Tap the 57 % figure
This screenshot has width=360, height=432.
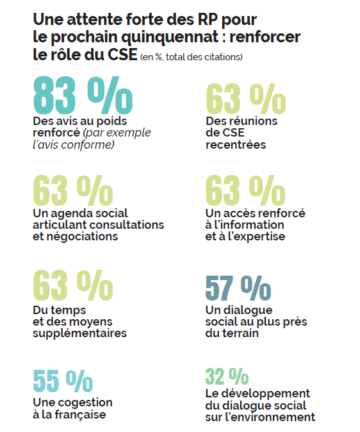pyautogui.click(x=238, y=288)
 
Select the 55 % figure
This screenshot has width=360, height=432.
pyautogui.click(x=63, y=381)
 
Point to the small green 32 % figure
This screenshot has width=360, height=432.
pyautogui.click(x=227, y=376)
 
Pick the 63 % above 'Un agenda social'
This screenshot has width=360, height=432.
pyautogui.click(x=72, y=190)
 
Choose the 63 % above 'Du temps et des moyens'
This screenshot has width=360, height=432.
pyautogui.click(x=72, y=287)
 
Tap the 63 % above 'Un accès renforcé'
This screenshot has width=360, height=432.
pyautogui.click(x=245, y=190)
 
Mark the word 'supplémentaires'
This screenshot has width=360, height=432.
pyautogui.click(x=79, y=333)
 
